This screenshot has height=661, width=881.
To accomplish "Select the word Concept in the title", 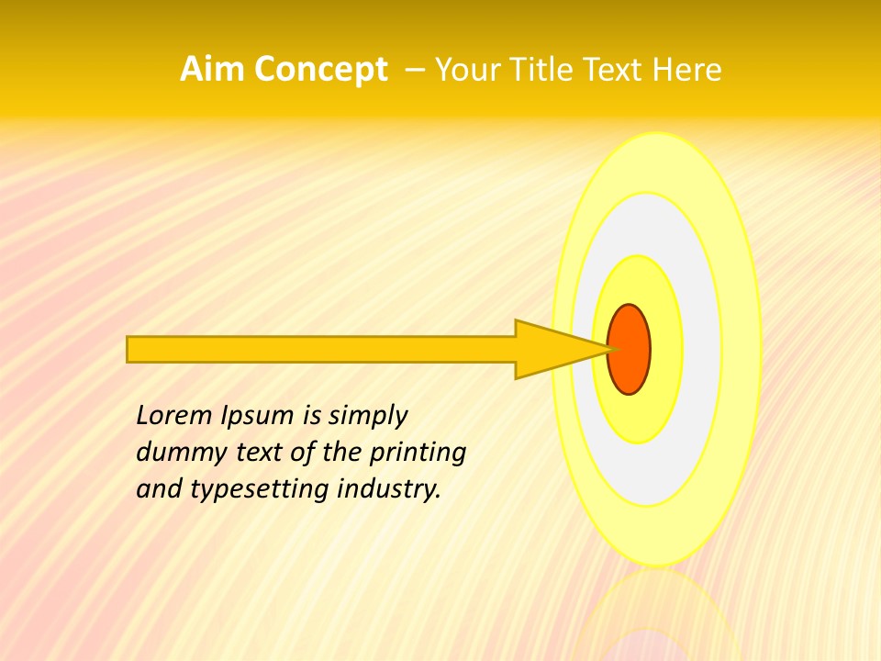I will pyautogui.click(x=320, y=70).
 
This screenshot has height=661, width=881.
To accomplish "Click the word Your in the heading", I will pyautogui.click(x=465, y=70).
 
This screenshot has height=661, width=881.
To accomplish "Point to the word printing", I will pyautogui.click(x=418, y=454).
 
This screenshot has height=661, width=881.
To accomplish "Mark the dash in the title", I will pyautogui.click(x=414, y=70).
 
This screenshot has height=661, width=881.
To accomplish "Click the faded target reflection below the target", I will pyautogui.click(x=656, y=615).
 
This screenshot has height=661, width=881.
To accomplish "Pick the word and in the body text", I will pyautogui.click(x=158, y=489).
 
